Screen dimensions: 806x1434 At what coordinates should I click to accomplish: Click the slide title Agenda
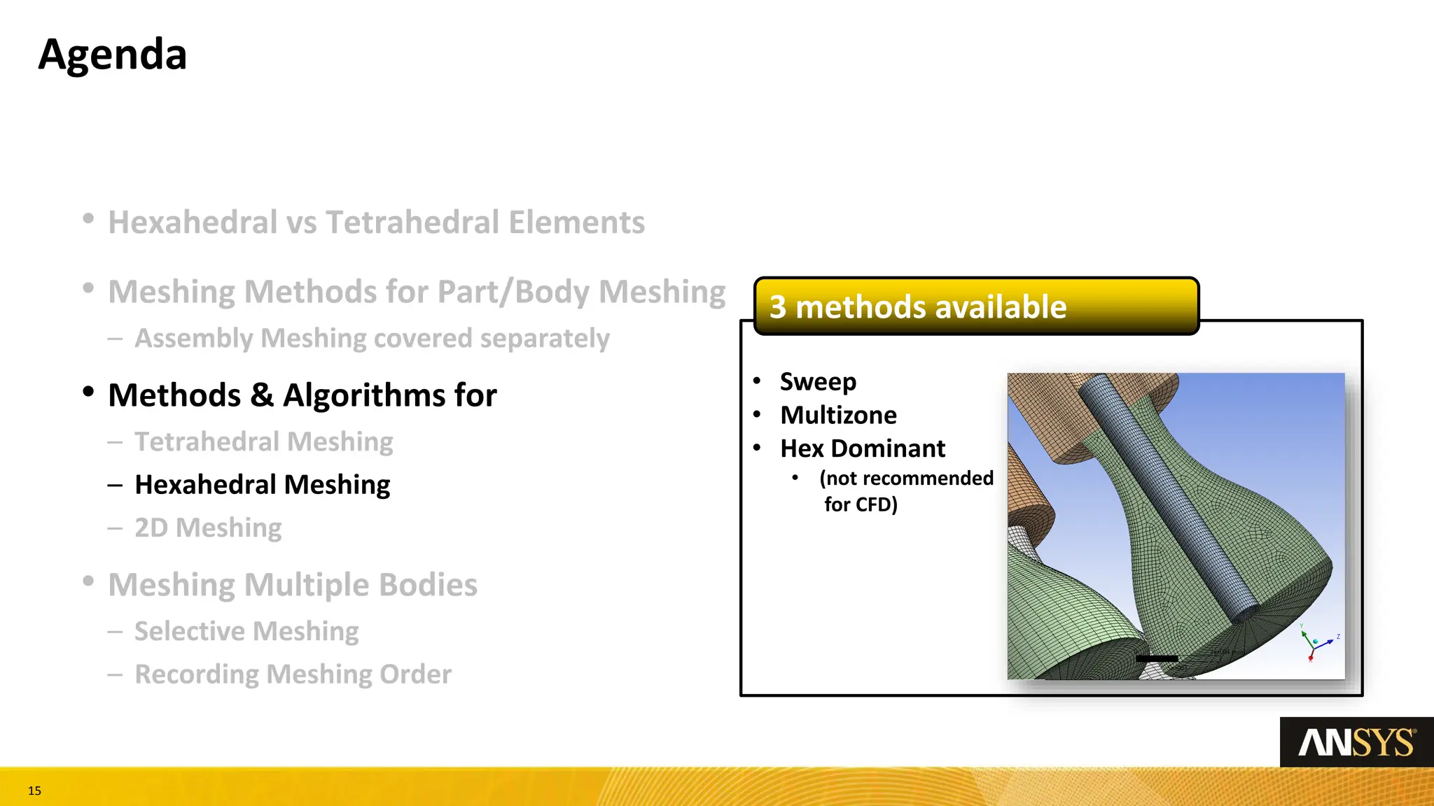coord(113,55)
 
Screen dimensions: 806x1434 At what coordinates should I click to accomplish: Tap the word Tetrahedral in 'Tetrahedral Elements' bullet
coord(413,222)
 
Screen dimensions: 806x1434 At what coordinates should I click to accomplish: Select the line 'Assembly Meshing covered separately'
coord(372,339)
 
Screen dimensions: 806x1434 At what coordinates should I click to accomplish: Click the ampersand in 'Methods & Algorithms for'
coord(262,395)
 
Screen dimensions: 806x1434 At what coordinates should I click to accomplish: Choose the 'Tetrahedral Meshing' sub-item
coord(263,442)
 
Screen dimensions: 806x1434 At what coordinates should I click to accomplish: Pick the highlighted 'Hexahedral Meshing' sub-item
coord(262,485)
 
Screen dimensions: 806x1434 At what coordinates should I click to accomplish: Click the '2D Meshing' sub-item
coord(208,528)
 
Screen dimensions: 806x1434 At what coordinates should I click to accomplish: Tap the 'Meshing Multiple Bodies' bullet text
coord(293,585)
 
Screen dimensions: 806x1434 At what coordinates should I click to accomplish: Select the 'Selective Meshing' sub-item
coord(246,631)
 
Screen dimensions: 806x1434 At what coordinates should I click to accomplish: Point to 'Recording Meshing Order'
coord(293,674)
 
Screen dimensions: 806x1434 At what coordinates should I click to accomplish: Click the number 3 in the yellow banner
coord(777,307)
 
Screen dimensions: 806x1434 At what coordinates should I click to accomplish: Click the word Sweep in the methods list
coord(818,382)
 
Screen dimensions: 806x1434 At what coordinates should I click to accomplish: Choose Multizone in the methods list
coord(838,416)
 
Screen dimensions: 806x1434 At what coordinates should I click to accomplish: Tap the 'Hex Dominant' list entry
coord(863,448)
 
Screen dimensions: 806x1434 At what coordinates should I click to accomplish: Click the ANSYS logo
coord(1356,742)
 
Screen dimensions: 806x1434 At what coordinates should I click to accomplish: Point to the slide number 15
coord(34,791)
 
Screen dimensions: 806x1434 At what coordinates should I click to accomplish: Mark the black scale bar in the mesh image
coord(1157,658)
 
